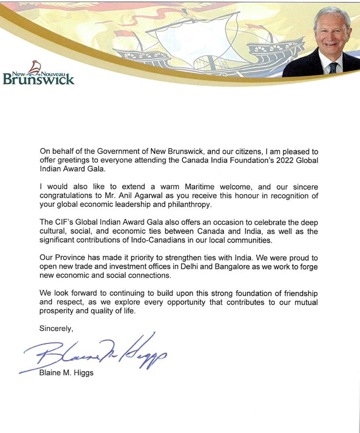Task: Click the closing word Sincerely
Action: click(56, 329)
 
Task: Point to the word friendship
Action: click(299, 293)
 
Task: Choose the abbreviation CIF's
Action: click(64, 222)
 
